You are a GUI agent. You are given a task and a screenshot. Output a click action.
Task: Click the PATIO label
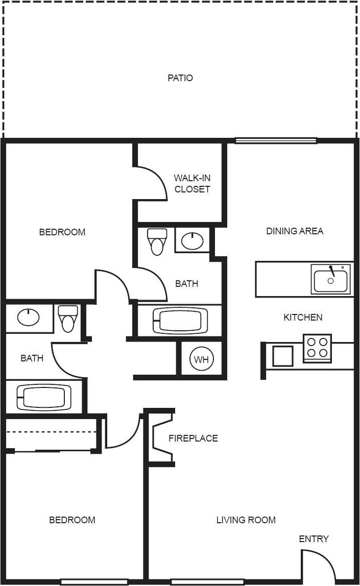(x=180, y=78)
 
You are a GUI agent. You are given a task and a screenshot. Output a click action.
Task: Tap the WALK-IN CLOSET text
(x=192, y=184)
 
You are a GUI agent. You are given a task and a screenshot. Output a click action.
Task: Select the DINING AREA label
(x=295, y=231)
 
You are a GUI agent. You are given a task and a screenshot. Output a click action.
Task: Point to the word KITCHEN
(x=303, y=318)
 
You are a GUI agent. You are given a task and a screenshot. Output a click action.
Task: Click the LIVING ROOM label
(x=246, y=520)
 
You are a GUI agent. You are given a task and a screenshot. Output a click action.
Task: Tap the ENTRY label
(x=314, y=539)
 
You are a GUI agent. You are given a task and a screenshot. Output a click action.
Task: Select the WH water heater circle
(x=201, y=359)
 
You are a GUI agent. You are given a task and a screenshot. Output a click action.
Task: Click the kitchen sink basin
(x=330, y=280)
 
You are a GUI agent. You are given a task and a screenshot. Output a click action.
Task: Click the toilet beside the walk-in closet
(x=157, y=241)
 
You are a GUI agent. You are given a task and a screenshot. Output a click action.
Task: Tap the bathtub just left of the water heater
(x=180, y=321)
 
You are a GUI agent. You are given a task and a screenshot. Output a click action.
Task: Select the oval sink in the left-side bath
(x=29, y=318)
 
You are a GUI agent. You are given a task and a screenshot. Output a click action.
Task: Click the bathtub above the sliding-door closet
(x=44, y=397)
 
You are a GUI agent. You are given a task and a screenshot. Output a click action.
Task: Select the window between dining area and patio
(x=276, y=140)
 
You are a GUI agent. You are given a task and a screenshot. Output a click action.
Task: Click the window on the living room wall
(x=207, y=581)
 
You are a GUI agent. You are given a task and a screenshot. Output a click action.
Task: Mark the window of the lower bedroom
(x=94, y=581)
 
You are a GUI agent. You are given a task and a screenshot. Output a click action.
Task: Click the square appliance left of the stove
(x=282, y=356)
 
